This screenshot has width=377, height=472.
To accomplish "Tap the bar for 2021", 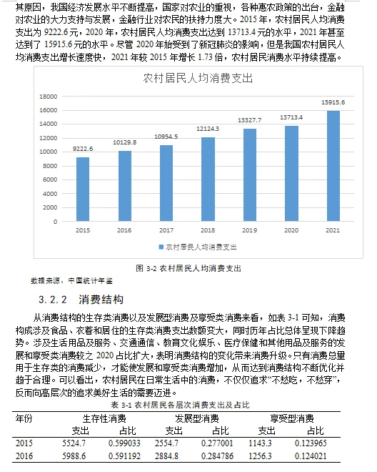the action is [333, 166].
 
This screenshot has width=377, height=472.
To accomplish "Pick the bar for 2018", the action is [208, 178].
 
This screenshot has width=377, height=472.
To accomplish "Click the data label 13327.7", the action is [250, 119].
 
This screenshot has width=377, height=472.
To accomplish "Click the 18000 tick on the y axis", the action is [48, 97].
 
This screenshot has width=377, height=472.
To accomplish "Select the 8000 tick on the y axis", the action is [50, 166].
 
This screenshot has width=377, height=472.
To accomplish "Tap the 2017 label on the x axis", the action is [166, 230].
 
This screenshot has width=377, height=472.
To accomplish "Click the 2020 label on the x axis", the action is [291, 230].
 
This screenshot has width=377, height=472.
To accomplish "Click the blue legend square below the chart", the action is [161, 246].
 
